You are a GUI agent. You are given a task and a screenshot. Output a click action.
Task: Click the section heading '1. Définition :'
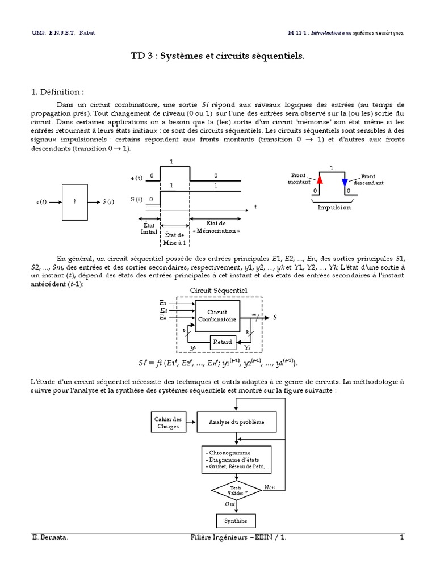(x=59, y=91)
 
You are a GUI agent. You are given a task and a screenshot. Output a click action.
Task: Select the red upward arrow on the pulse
(x=320, y=180)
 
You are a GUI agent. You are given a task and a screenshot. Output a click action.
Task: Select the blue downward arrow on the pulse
(x=345, y=181)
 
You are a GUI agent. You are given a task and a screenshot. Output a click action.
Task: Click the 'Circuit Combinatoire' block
(x=217, y=316)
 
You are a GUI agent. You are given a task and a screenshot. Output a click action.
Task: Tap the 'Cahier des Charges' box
(x=167, y=422)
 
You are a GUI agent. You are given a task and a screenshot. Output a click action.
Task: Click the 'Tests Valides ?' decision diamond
(x=235, y=490)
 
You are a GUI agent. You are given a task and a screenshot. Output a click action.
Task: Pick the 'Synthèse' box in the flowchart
(x=235, y=520)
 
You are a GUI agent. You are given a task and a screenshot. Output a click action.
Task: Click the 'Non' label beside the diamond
(x=270, y=487)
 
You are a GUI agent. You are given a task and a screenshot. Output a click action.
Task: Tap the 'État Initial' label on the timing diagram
(x=149, y=228)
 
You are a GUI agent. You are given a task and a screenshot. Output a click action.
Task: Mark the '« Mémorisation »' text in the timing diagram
(x=216, y=231)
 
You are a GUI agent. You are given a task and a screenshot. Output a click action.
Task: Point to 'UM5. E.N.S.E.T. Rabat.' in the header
(x=64, y=33)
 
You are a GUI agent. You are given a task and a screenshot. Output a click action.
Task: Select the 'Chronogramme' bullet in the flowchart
(x=226, y=453)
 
